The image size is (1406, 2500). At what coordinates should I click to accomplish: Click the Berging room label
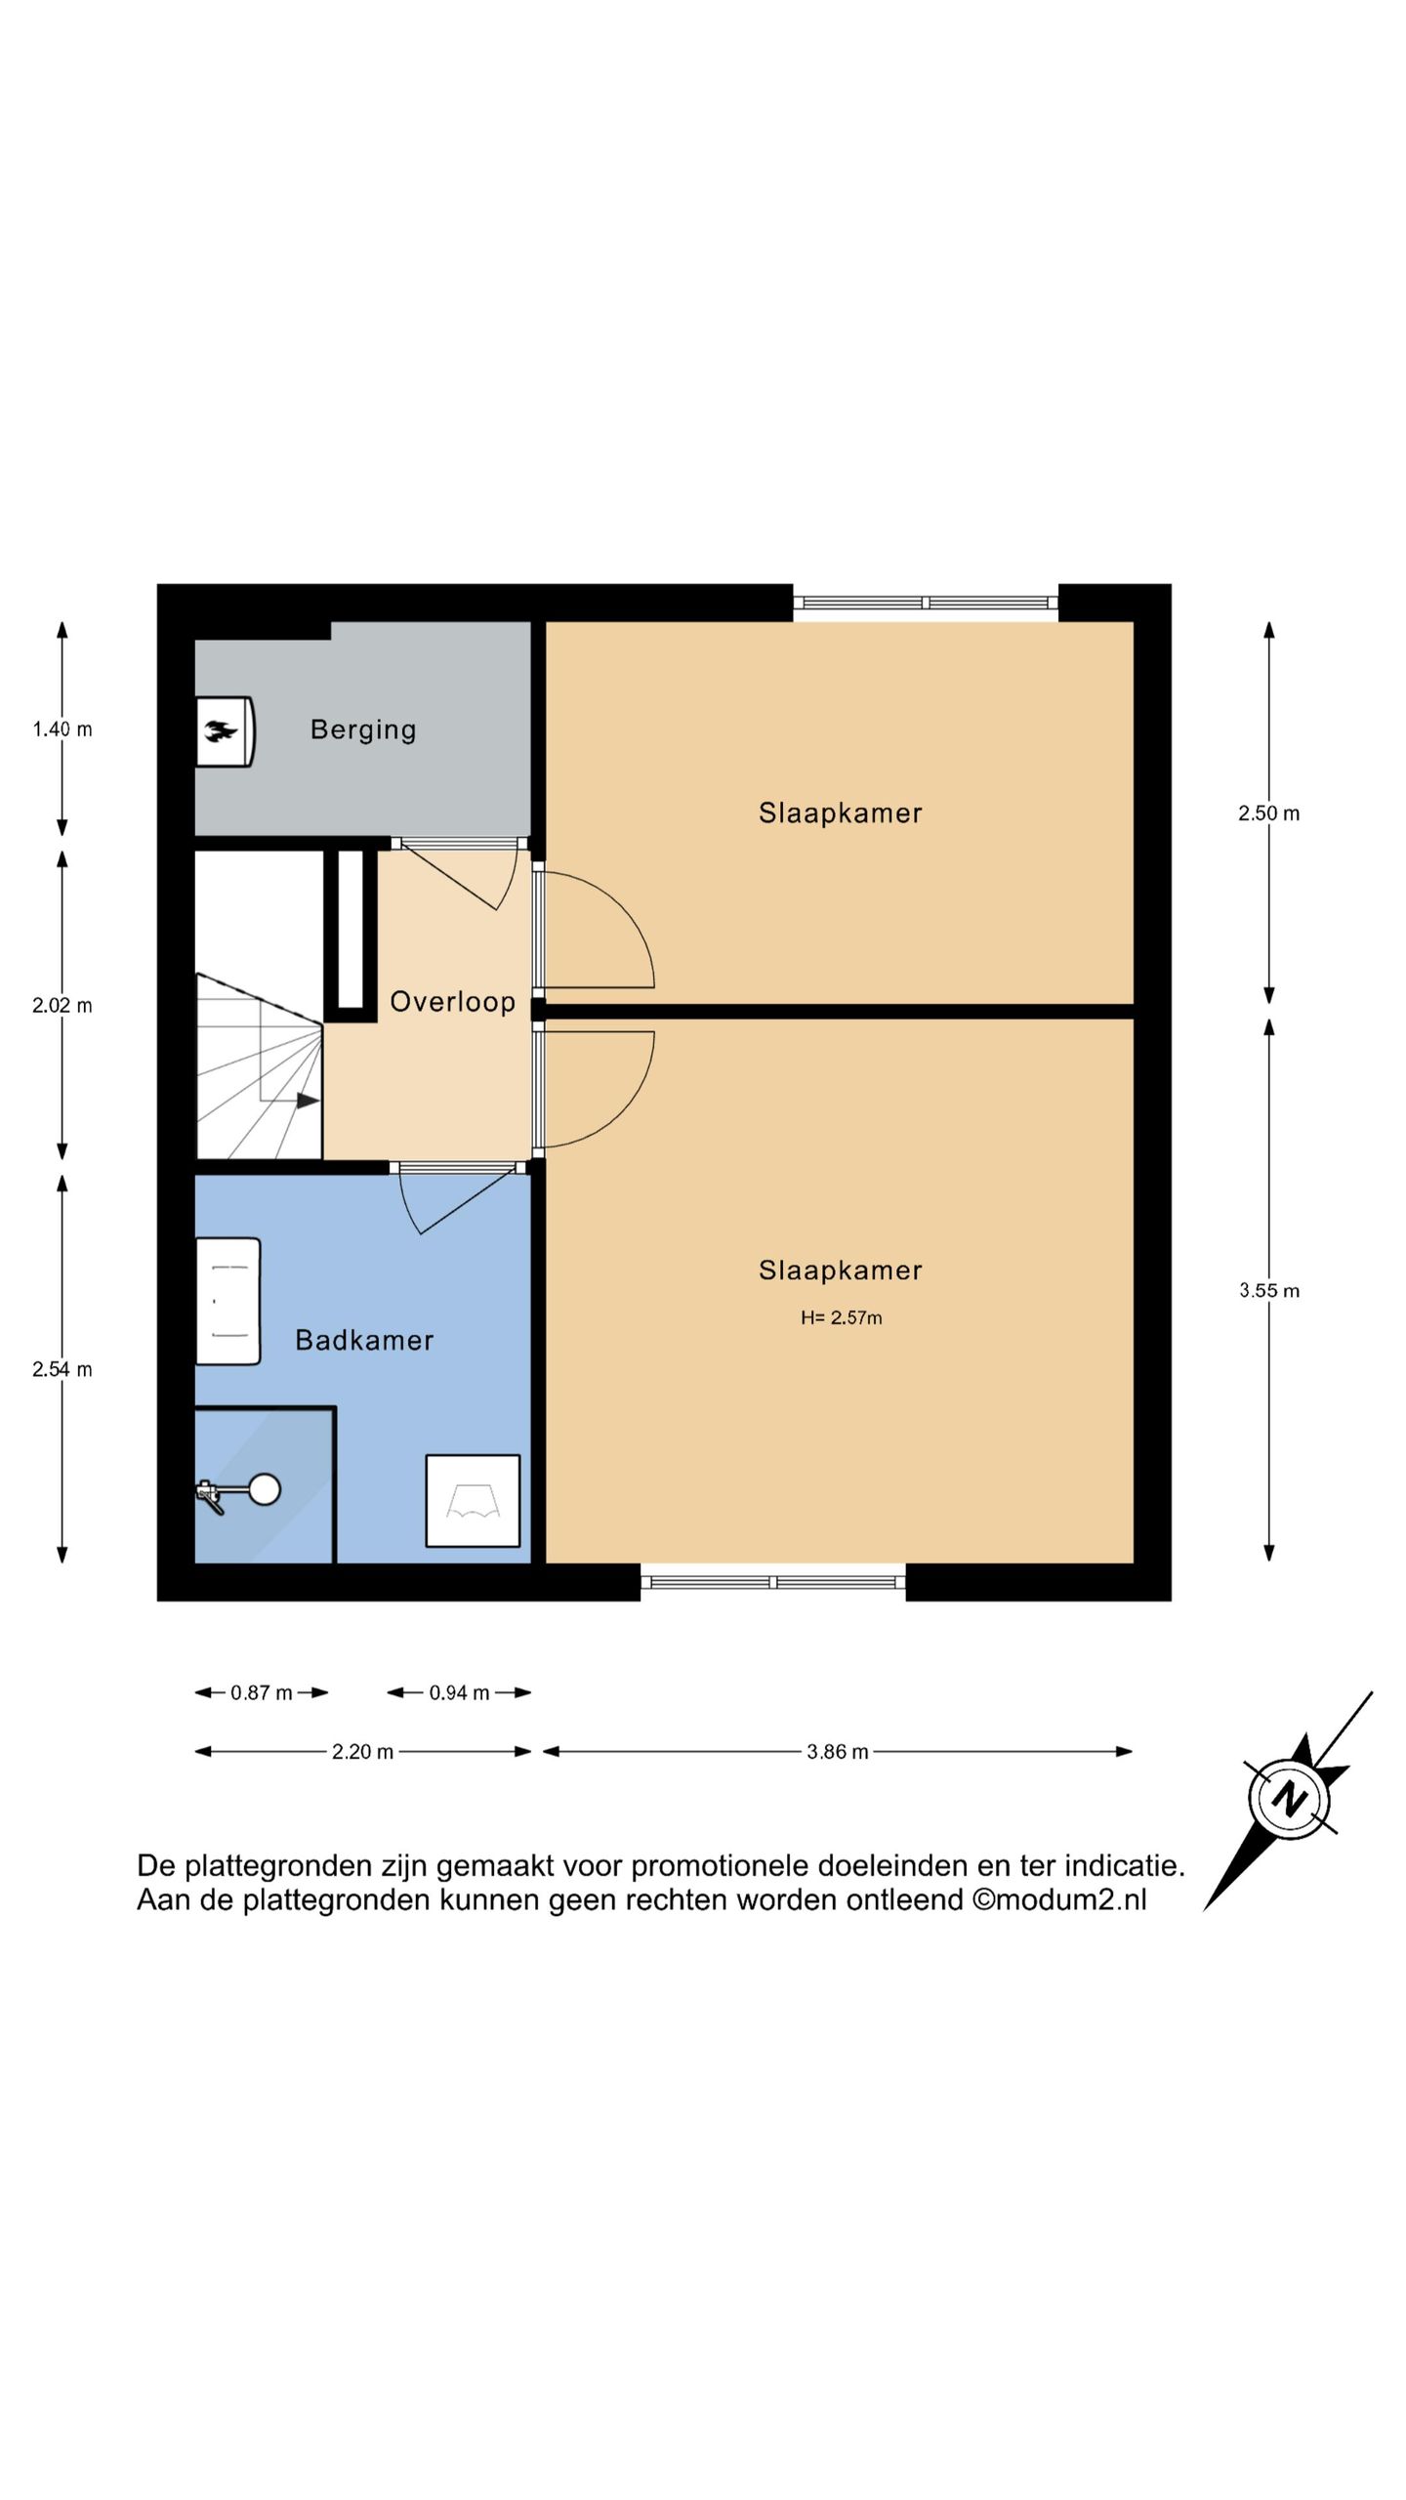coord(363,729)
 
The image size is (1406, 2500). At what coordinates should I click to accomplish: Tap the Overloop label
coord(452,1001)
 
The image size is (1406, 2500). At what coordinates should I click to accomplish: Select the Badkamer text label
coord(364,1340)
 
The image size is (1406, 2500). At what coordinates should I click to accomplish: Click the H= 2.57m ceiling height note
coord(841,1317)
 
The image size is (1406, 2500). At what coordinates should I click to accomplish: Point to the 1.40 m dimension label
coord(62,729)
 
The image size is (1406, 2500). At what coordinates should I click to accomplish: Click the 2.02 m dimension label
coord(62,1005)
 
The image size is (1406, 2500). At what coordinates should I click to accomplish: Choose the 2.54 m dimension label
coord(62,1369)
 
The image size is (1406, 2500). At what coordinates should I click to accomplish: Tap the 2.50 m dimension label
coord(1268,813)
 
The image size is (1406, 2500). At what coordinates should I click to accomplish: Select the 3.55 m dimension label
coord(1268,1290)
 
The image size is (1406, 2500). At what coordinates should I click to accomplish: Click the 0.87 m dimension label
coord(262,1692)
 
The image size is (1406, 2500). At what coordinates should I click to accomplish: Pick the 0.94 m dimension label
coord(459,1692)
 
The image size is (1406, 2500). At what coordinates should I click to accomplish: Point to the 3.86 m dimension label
coord(837,1751)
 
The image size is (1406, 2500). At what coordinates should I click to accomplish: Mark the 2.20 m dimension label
coord(362,1751)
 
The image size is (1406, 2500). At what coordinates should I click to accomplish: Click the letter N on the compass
coord(1290,1798)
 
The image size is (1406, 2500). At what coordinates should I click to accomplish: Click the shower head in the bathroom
coord(264,1489)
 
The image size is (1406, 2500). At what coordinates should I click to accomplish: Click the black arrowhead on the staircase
coord(308,1101)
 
